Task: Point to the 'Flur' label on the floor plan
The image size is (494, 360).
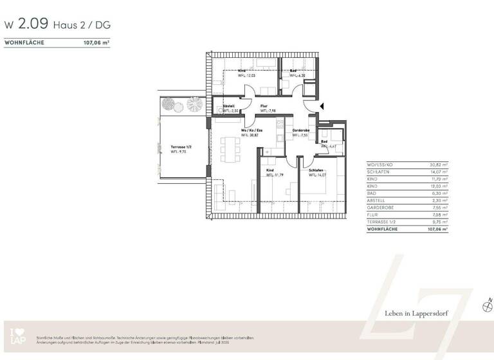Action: (264, 105)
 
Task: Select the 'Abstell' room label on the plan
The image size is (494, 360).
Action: (229, 105)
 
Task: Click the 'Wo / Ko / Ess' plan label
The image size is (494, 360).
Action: (252, 130)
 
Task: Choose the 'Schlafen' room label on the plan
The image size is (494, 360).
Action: (316, 170)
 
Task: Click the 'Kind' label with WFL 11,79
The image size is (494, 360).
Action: (270, 170)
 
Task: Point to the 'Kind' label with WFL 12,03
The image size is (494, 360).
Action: (242, 71)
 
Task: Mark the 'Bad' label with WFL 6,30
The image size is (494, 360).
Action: (293, 71)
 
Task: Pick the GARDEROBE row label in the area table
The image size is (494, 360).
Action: (378, 207)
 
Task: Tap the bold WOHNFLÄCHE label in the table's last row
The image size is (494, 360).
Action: (381, 228)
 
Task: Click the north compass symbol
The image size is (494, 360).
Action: (486, 307)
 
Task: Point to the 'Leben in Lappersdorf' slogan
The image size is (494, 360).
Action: (416, 313)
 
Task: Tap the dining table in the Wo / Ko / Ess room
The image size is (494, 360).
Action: (229, 149)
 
